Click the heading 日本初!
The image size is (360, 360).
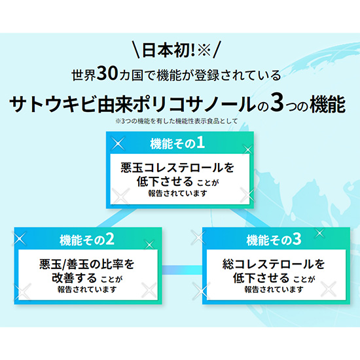(168, 50)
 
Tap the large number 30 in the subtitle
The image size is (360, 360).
(107, 74)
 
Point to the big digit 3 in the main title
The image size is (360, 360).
(277, 103)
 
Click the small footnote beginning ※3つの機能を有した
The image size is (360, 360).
(176, 121)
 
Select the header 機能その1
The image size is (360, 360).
(177, 143)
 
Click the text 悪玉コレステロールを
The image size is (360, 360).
(177, 168)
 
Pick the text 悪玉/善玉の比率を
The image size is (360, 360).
(87, 264)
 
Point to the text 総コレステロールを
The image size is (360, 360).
(274, 264)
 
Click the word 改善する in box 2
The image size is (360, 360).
(74, 278)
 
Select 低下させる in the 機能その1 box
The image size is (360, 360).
(165, 181)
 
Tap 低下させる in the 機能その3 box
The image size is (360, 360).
(261, 278)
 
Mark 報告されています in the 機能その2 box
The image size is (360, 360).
(87, 289)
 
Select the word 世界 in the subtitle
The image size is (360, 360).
(84, 75)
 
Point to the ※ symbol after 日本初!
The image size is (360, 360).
(204, 50)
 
